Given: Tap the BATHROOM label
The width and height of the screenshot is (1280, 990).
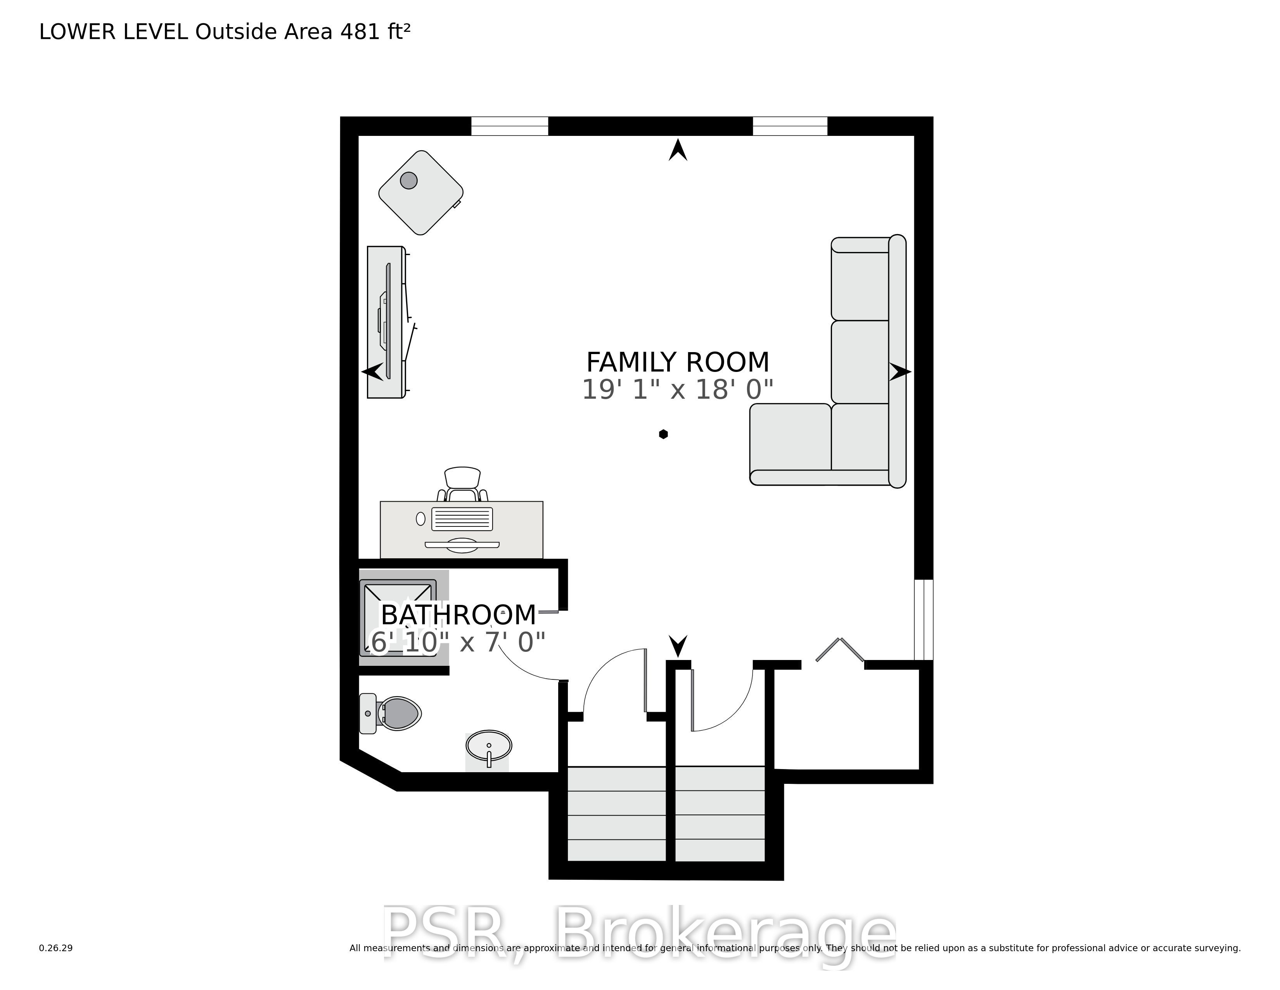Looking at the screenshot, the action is [x=458, y=615].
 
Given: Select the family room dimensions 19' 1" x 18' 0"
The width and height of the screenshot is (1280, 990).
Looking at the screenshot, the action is [x=678, y=389].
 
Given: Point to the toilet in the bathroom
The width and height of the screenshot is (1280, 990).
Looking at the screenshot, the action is [x=390, y=713].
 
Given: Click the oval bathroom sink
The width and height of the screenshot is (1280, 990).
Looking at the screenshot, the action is [x=489, y=747].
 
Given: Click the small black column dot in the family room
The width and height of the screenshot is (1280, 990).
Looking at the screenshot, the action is [x=663, y=434].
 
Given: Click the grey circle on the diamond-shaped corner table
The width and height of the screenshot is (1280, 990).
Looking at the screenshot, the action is [x=408, y=180].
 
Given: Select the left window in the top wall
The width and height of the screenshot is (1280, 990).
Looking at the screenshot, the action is [x=509, y=126].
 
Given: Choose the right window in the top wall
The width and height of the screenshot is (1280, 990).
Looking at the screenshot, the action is [x=790, y=126].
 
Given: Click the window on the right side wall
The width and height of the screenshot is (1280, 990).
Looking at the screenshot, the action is [x=924, y=620].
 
